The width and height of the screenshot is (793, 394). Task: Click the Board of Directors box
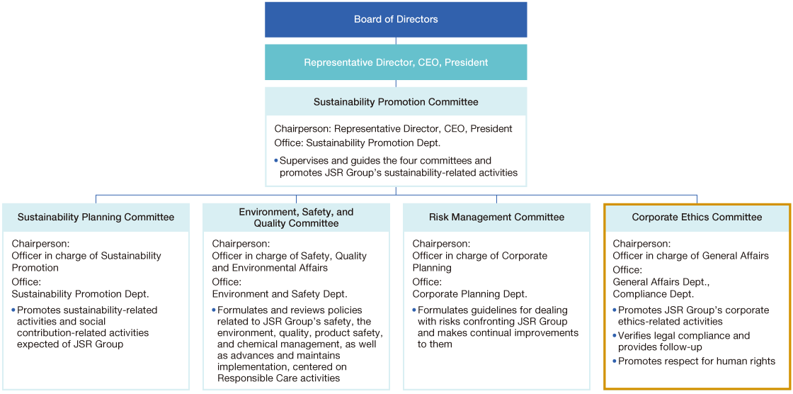(x=396, y=20)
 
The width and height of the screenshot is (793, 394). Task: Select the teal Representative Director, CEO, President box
(x=396, y=62)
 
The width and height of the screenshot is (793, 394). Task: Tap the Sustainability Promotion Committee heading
(x=396, y=102)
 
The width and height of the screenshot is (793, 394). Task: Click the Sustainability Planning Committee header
(x=96, y=218)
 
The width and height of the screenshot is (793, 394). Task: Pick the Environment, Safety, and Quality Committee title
(x=297, y=218)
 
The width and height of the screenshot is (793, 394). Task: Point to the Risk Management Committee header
(x=496, y=218)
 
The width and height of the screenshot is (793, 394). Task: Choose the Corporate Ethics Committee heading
(x=697, y=218)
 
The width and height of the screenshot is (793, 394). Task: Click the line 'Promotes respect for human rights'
(x=697, y=361)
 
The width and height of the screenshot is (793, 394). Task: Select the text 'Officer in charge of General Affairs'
(x=691, y=257)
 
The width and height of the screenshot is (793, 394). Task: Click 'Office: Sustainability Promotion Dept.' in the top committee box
(x=357, y=142)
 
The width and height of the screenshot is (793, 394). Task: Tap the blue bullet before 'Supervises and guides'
(x=276, y=161)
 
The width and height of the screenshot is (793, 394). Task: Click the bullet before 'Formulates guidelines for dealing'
(x=415, y=310)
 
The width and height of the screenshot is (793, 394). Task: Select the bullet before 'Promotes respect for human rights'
(x=615, y=361)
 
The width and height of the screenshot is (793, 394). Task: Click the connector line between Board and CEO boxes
(x=396, y=41)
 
